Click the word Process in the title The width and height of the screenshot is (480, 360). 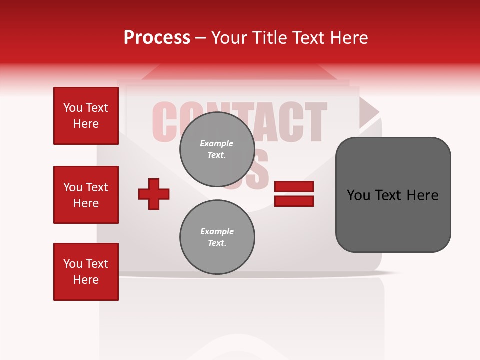[157, 38]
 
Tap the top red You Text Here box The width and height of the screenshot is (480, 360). [86, 116]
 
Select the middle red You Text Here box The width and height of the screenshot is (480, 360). [86, 195]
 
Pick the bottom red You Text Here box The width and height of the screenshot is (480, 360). [86, 272]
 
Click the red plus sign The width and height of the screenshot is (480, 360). [154, 194]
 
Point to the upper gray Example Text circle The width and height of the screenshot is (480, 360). [217, 149]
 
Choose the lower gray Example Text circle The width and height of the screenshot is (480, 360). [217, 237]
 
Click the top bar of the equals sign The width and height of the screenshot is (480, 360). [294, 187]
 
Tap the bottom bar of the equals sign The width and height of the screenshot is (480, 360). [294, 201]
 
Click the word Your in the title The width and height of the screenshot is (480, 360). [229, 38]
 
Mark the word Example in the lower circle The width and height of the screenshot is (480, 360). [217, 231]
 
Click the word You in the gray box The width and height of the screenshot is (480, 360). [358, 195]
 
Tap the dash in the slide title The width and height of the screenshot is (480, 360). [200, 38]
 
